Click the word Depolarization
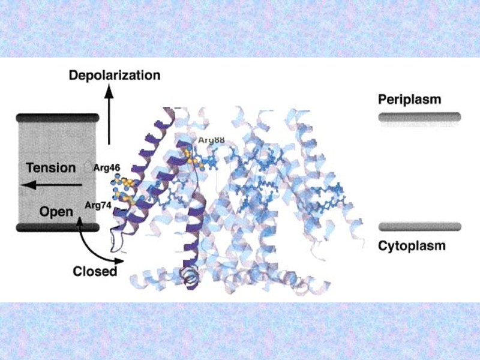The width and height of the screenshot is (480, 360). tap(115, 76)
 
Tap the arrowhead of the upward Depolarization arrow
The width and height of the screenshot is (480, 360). tap(109, 91)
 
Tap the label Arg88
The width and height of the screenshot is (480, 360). tap(211, 140)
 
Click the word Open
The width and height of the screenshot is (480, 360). tap(56, 211)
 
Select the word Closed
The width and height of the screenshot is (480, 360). tap(95, 271)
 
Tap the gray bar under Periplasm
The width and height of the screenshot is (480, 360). tap(419, 117)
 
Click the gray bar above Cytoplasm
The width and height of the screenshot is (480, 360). tap(419, 227)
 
